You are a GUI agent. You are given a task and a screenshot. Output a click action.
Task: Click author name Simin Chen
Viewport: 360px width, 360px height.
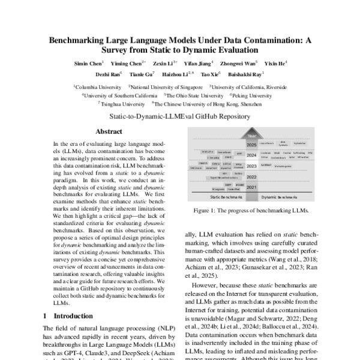pos(88,63)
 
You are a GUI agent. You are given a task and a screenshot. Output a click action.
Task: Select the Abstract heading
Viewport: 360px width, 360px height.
pos(109,131)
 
